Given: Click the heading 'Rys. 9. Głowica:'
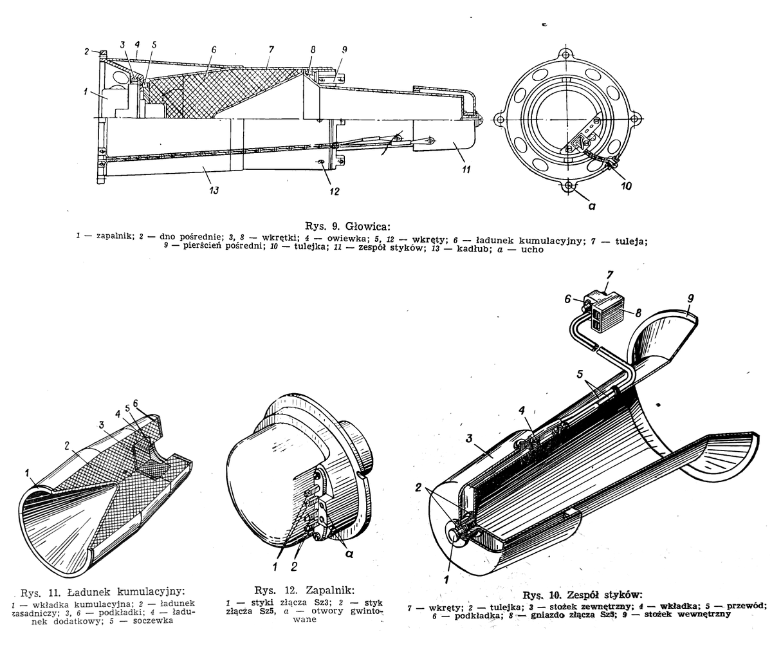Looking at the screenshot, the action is pos(347,226).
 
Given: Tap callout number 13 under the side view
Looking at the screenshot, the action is pos(214,190).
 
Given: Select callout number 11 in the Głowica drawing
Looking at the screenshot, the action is pos(466,169).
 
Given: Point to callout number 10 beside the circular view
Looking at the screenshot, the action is pos(626,186).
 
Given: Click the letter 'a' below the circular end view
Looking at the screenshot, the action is pos(592,206).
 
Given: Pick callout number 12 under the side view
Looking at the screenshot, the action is pos(334,191).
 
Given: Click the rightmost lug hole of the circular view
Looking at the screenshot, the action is pos(635,119).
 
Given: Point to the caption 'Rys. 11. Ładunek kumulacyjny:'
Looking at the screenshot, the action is pos(102,592).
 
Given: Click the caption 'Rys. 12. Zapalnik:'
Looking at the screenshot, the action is pos(304,590).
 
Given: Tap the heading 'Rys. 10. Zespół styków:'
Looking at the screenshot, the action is pos(582,595).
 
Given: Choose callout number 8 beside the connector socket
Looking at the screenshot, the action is pos(638,313).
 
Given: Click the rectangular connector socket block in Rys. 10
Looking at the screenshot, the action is pos(604,308).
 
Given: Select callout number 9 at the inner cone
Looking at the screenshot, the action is pos(690,298).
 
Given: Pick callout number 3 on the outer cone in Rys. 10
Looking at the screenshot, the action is pos(469,439).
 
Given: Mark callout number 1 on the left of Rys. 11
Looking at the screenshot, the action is pos(26,473).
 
